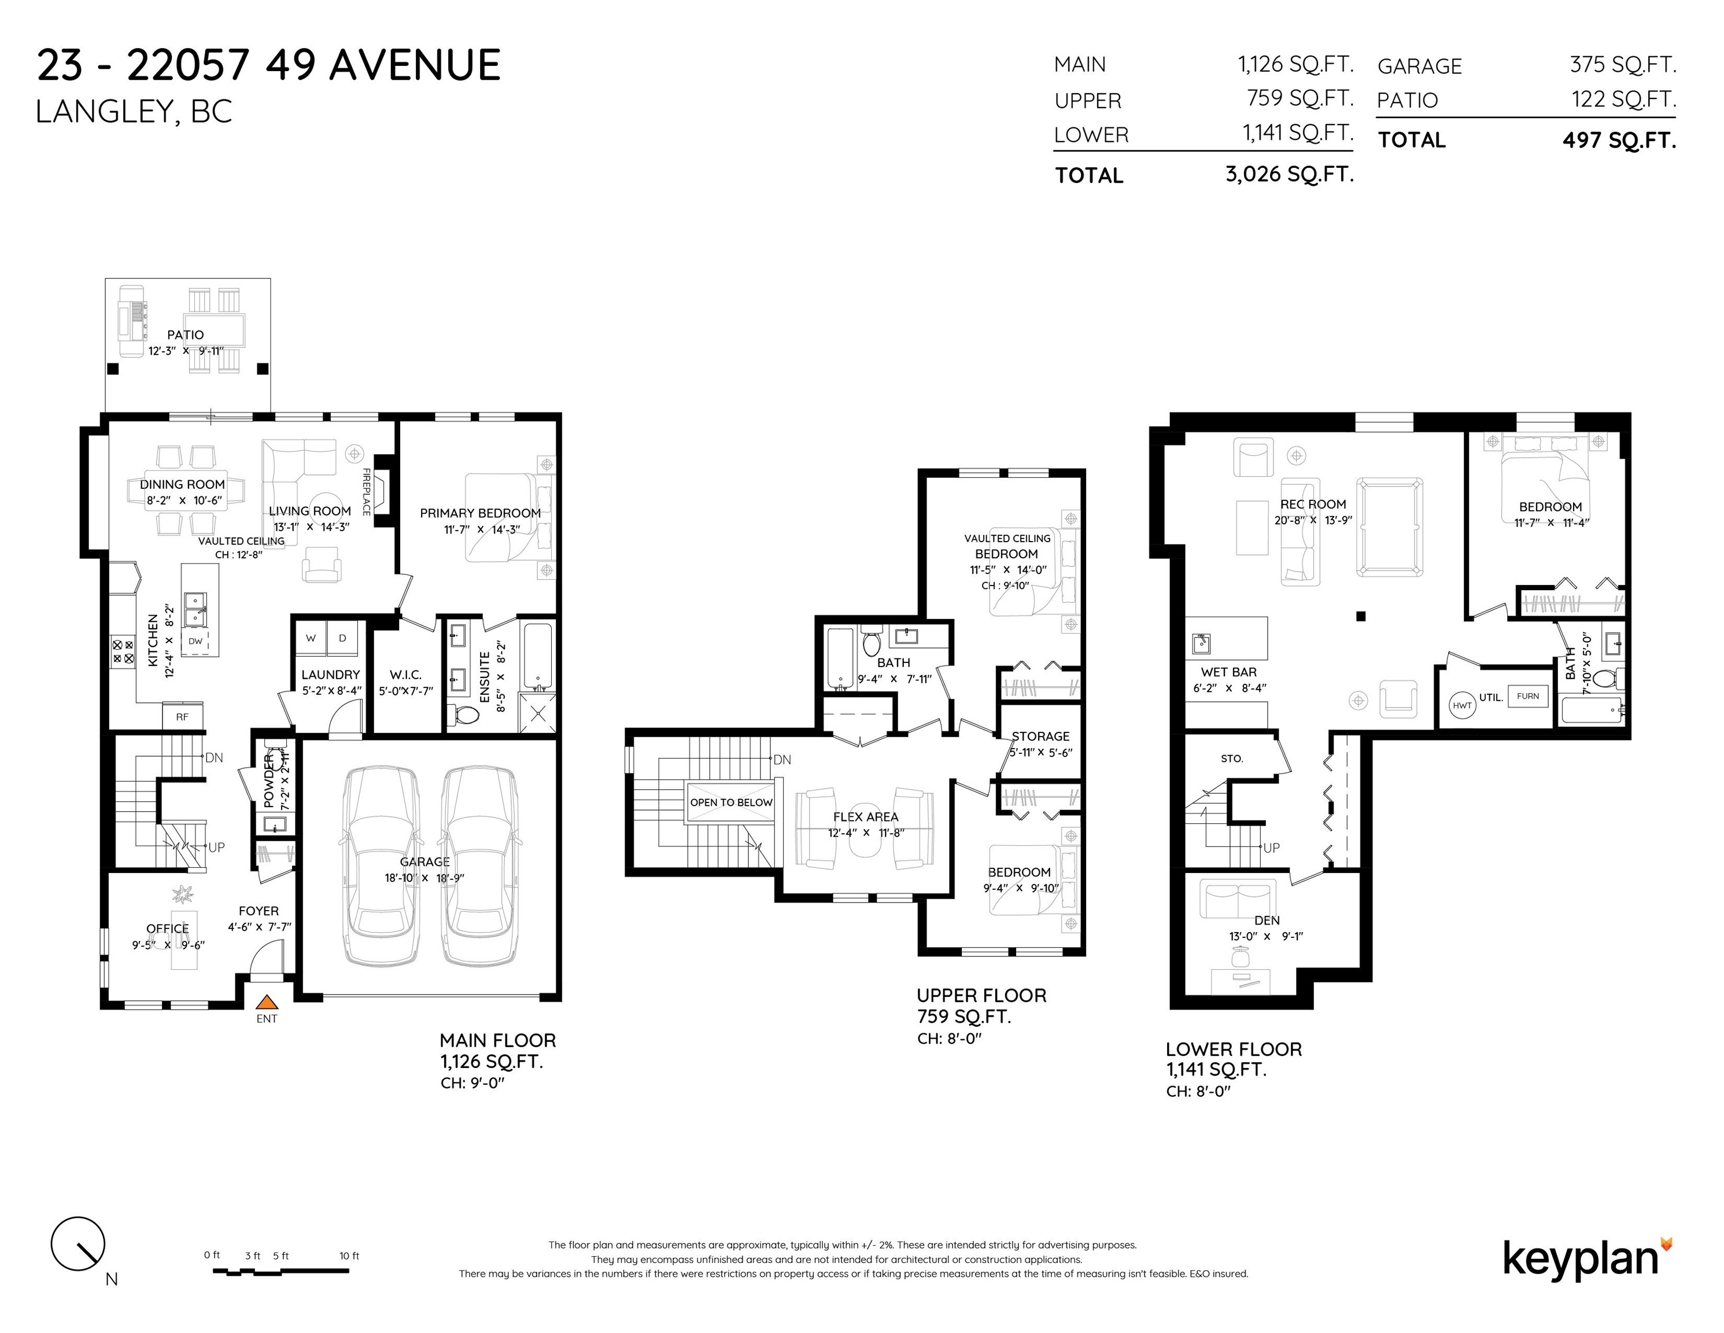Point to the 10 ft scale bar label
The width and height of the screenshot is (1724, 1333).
(349, 1255)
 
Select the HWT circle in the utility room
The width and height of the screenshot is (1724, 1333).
(1462, 705)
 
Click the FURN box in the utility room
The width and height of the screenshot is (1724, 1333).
(1527, 696)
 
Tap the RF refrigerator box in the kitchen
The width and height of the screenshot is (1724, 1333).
(182, 716)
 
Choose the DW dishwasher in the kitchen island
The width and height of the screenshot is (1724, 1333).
(195, 641)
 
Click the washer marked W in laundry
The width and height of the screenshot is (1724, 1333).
(311, 638)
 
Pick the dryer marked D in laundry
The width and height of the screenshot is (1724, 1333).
(342, 638)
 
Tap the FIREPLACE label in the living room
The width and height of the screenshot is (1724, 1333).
(366, 492)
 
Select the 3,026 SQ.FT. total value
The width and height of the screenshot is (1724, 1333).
(1290, 174)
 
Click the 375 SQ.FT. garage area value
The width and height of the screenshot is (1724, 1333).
(1623, 64)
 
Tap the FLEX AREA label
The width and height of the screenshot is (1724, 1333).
(866, 816)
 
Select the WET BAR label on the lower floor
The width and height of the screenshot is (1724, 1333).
(1229, 672)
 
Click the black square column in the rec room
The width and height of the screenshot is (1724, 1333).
(1361, 616)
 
